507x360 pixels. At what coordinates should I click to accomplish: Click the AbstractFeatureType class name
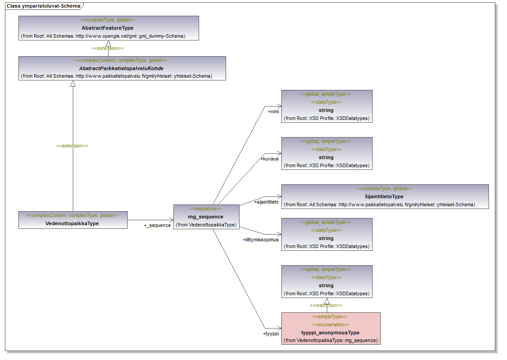pyautogui.click(x=107, y=28)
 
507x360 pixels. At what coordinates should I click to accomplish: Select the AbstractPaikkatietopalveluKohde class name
pyautogui.click(x=121, y=68)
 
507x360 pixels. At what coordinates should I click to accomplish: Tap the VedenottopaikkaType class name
pyautogui.click(x=72, y=223)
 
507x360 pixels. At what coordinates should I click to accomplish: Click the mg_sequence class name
pyautogui.click(x=205, y=217)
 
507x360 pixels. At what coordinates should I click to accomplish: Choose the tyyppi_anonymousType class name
pyautogui.click(x=330, y=333)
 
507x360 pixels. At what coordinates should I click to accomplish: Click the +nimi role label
pyautogui.click(x=273, y=111)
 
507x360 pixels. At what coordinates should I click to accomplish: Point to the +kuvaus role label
pyautogui.click(x=269, y=159)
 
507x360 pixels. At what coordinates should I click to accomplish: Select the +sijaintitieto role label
pyautogui.click(x=267, y=202)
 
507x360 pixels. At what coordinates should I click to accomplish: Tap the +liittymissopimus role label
pyautogui.click(x=260, y=240)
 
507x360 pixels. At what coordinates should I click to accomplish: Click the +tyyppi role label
pyautogui.click(x=271, y=333)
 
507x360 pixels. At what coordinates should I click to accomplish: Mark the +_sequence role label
pyautogui.click(x=157, y=225)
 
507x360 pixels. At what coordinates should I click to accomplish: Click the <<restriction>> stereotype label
pyautogui.click(x=326, y=306)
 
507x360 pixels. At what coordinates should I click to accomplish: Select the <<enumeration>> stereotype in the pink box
pyautogui.click(x=330, y=324)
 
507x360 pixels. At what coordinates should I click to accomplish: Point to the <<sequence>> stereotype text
pyautogui.click(x=205, y=209)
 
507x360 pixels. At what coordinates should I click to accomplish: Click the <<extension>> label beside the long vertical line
pyautogui.click(x=72, y=146)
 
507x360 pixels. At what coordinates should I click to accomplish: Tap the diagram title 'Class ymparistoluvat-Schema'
pyautogui.click(x=44, y=6)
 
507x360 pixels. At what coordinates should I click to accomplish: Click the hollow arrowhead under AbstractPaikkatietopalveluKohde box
pyautogui.click(x=73, y=84)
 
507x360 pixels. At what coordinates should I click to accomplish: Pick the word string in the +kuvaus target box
pyautogui.click(x=326, y=157)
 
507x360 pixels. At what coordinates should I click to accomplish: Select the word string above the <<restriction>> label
pyautogui.click(x=326, y=285)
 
